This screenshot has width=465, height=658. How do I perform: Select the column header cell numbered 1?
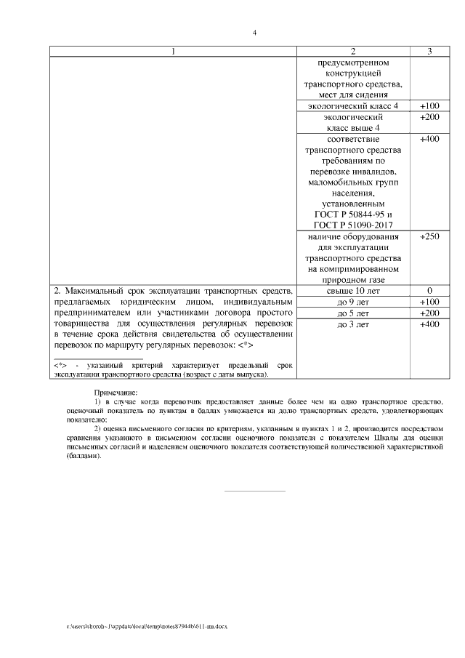pyautogui.click(x=173, y=51)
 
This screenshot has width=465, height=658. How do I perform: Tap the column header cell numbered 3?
pyautogui.click(x=429, y=51)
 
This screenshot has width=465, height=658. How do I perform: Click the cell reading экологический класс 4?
pyautogui.click(x=353, y=106)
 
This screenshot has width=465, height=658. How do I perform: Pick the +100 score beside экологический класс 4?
pyautogui.click(x=429, y=106)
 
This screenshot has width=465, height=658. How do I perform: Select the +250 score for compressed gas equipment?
pyautogui.click(x=429, y=236)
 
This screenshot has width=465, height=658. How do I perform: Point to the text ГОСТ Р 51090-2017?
pyautogui.click(x=353, y=225)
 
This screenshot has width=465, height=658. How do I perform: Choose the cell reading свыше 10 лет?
pyautogui.click(x=353, y=291)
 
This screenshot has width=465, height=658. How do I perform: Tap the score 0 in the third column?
pyautogui.click(x=429, y=291)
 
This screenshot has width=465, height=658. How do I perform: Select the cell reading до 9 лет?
pyautogui.click(x=353, y=302)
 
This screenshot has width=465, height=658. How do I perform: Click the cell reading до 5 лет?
pyautogui.click(x=353, y=313)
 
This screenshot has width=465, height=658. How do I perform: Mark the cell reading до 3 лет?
pyautogui.click(x=353, y=324)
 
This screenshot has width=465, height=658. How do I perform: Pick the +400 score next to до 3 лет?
pyautogui.click(x=429, y=324)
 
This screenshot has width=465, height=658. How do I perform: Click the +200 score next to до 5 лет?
pyautogui.click(x=429, y=313)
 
